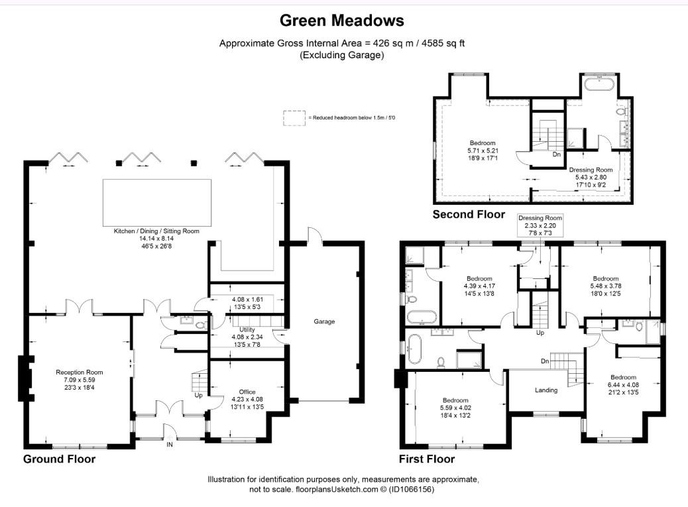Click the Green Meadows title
coord(341,21)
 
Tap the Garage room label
coord(324,322)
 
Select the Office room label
coord(247,392)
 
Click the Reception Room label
coord(79,372)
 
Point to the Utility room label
coord(247,329)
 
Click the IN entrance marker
coord(170,445)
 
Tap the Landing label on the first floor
coord(546,390)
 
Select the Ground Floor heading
coord(59,459)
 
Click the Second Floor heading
coord(469,214)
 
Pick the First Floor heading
coord(426,459)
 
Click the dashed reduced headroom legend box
coord(293,118)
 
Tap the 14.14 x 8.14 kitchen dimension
coord(156,239)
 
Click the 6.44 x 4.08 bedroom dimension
coord(623,384)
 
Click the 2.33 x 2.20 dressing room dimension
coord(540,225)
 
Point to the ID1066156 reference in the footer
coord(412,490)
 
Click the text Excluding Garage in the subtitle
coord(341,56)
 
